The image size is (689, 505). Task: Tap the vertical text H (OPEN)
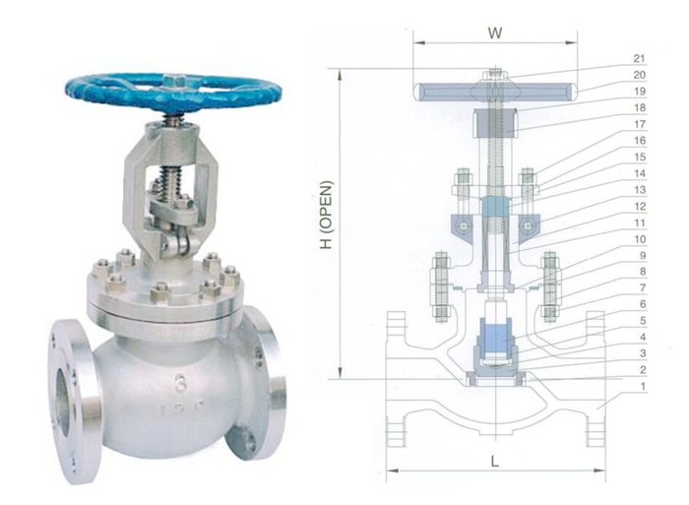[x=328, y=227]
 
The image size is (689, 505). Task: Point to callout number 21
[x=640, y=58]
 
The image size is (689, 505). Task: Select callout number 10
[x=640, y=239]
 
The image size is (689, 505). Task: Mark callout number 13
[x=640, y=189]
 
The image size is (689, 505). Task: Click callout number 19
[x=640, y=91]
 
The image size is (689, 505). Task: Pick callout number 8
[x=640, y=271]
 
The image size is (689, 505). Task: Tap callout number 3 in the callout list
[x=640, y=352]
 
